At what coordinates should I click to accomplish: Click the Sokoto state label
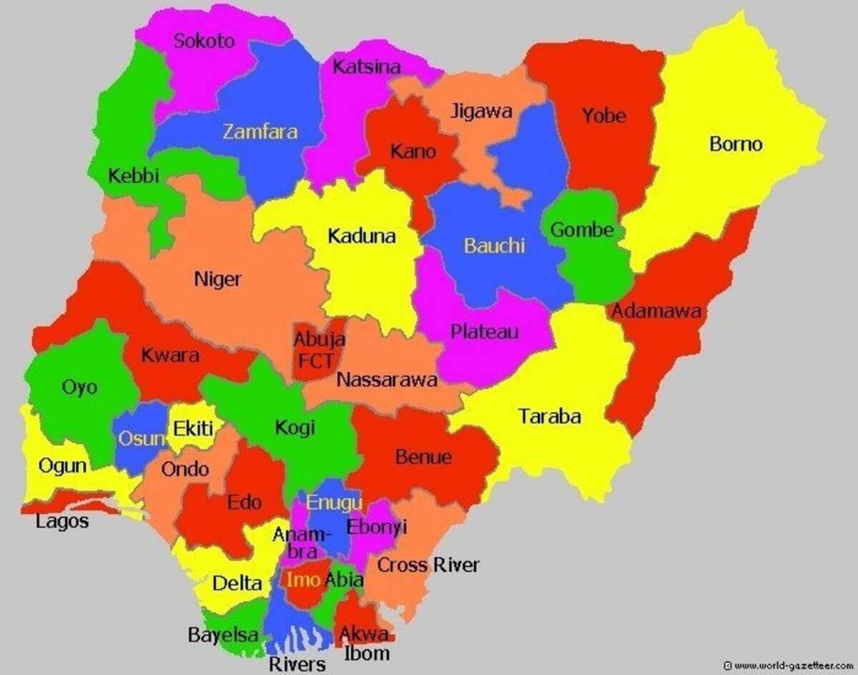204,41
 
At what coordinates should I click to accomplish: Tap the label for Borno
736,144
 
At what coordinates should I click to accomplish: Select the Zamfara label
260,132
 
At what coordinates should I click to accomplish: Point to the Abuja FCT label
319,350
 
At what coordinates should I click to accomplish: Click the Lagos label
62,521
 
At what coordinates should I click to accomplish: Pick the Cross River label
428,565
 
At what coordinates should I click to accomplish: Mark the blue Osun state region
136,440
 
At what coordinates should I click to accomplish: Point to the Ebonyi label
376,527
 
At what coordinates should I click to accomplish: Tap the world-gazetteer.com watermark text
789,665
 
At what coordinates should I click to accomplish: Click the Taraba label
549,416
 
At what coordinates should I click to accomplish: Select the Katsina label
367,66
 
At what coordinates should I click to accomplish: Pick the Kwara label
169,355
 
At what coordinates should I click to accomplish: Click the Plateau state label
484,332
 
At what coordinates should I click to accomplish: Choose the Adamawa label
655,312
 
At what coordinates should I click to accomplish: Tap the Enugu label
334,502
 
